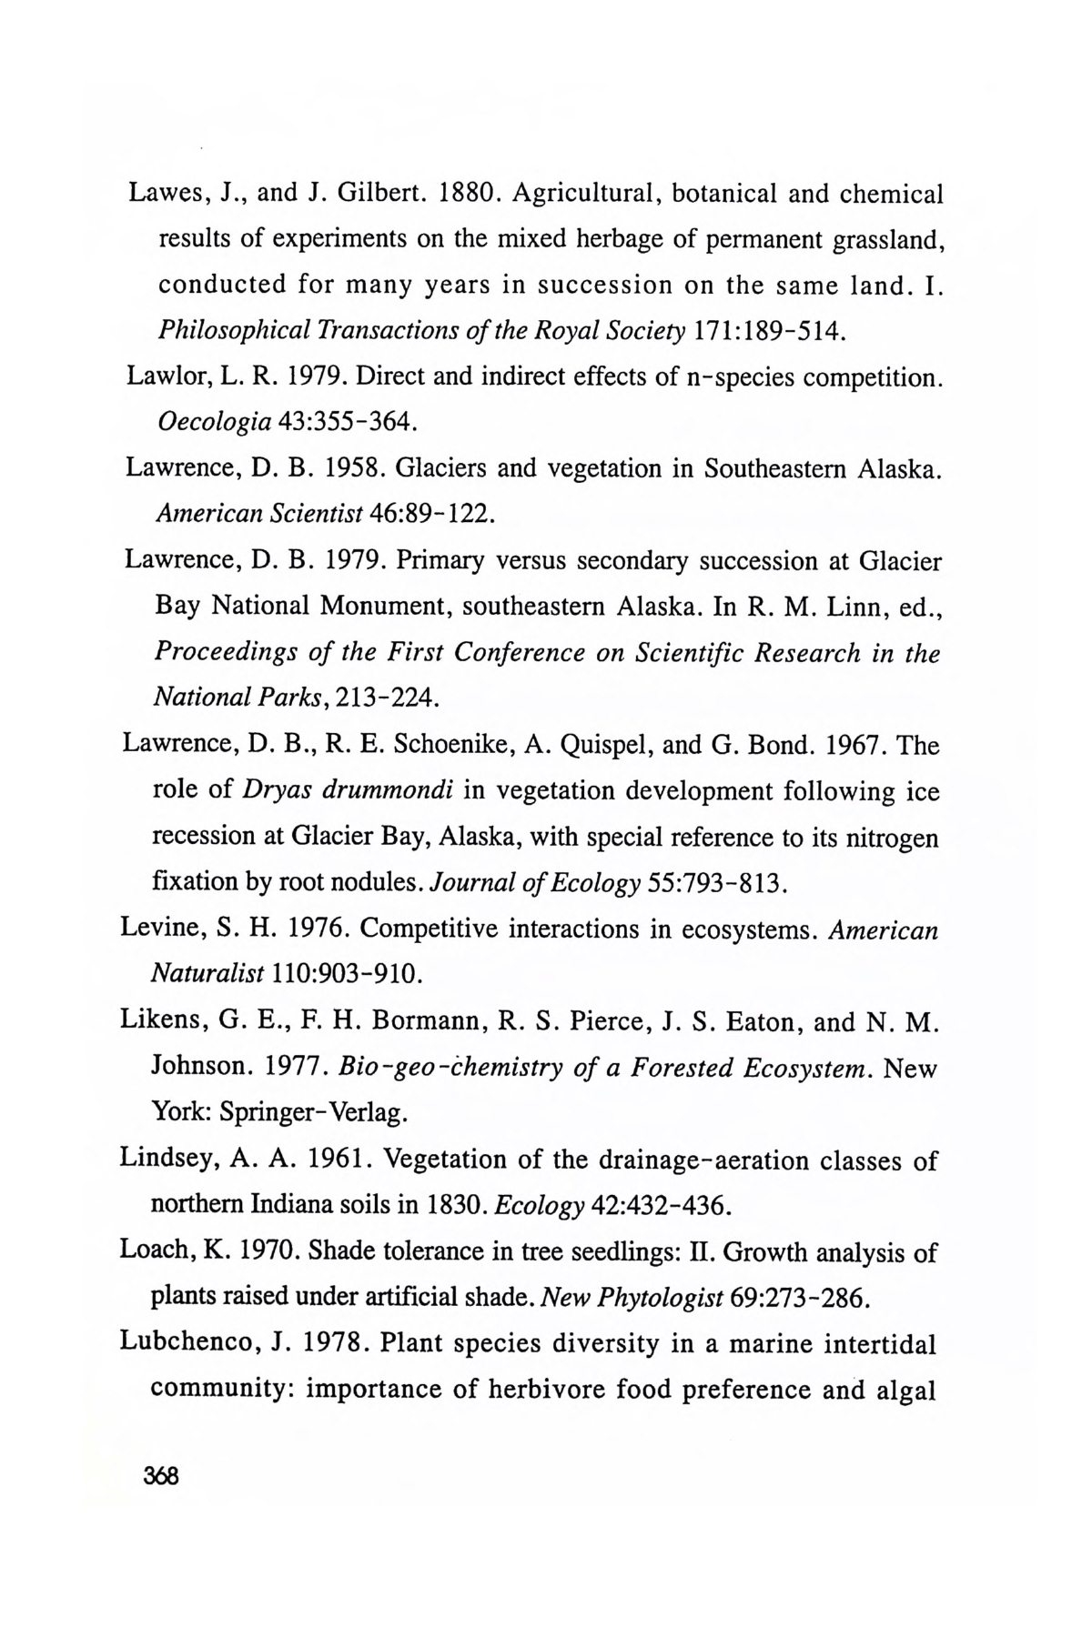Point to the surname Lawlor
(x=162, y=377)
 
